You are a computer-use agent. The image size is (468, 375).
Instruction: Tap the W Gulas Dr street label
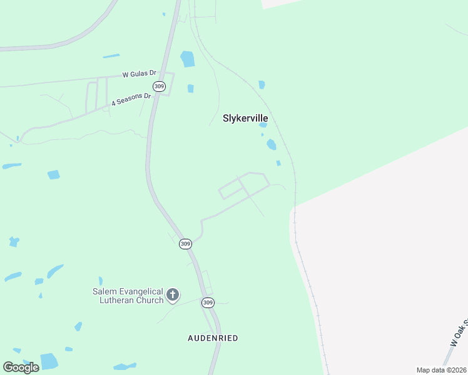pos(138,74)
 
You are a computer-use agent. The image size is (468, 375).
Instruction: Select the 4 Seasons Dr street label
pos(131,99)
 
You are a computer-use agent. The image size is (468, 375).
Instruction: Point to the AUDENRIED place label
pos(213,338)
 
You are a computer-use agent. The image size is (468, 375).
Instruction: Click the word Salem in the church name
pos(104,291)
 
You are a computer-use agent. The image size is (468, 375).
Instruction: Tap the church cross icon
pos(173,294)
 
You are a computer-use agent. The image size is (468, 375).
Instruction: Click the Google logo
pos(21,367)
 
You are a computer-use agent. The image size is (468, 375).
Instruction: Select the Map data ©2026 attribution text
pos(440,370)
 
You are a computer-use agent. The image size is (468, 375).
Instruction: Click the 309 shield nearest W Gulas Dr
pos(159,86)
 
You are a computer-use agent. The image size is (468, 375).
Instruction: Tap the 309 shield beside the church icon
pos(208,302)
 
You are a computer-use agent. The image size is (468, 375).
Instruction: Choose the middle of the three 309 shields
pos(185,244)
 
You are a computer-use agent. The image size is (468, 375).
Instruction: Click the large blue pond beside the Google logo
pos(49,361)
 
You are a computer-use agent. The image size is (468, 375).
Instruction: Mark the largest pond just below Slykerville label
pos(271,144)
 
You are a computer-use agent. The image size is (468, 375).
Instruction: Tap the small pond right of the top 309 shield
pos(190,88)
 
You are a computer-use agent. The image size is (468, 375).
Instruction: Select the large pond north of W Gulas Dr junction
pos(187,59)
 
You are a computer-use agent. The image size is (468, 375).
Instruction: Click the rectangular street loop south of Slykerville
pos(230,189)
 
